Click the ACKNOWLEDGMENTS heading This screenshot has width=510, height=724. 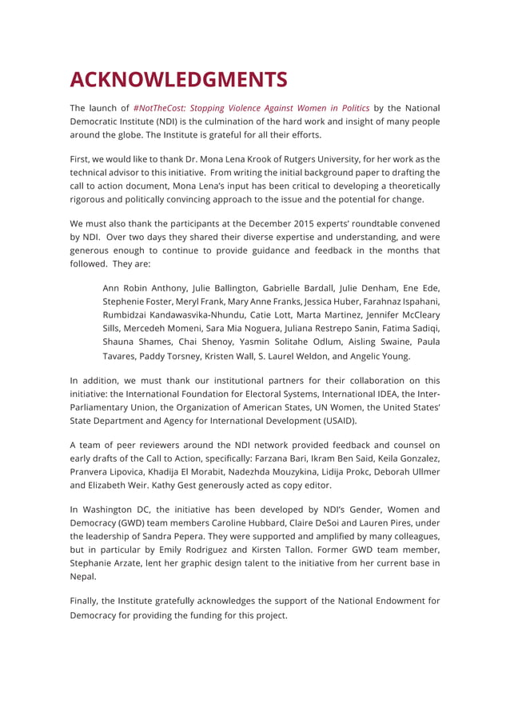[x=178, y=80]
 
